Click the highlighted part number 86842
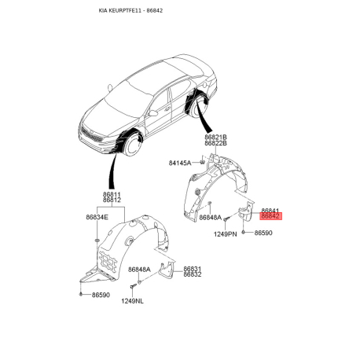point(270,216)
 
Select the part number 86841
point(270,211)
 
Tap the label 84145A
point(180,163)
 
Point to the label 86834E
point(97,217)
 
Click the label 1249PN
point(225,234)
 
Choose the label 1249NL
point(132,301)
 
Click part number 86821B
point(216,137)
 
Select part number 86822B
point(216,143)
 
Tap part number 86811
point(112,195)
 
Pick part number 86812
point(112,200)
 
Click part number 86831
point(193,269)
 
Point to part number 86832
point(193,274)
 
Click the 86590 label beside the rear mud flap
point(263,233)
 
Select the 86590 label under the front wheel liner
point(101,295)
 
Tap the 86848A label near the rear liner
point(211,218)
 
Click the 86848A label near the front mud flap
point(139,270)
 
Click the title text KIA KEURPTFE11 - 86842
point(130,10)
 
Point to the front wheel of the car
point(133,145)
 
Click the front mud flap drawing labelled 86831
point(168,269)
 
